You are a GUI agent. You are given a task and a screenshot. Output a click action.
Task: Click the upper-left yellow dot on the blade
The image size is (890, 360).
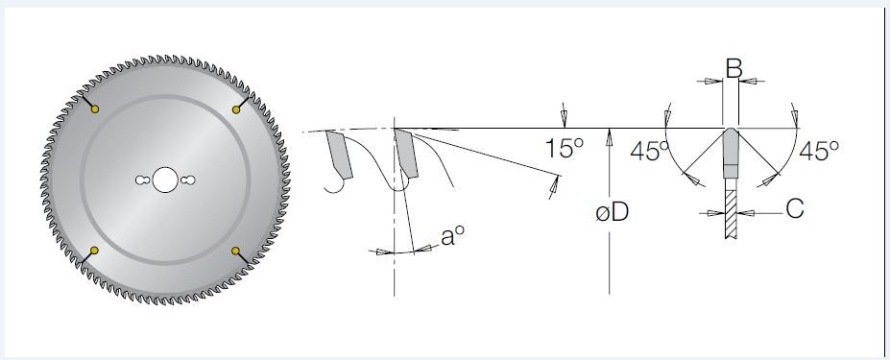[95, 109]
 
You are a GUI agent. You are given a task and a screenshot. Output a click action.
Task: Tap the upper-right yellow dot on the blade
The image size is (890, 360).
[236, 109]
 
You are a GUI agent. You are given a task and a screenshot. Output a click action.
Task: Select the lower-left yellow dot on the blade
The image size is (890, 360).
[95, 251]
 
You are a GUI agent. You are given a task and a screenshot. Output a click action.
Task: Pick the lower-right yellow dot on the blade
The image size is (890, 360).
[236, 251]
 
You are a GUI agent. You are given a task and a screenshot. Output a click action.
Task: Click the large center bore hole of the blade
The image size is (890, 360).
[164, 180]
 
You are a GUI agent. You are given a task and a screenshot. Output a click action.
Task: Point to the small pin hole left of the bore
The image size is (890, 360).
[142, 180]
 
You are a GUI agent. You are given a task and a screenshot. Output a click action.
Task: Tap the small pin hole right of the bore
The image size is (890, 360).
[188, 180]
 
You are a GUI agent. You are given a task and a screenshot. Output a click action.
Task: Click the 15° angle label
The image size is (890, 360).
[564, 148]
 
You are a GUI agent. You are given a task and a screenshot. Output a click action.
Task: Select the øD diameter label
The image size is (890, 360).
[613, 213]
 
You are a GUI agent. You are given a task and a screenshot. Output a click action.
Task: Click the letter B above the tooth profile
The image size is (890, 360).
[734, 69]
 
